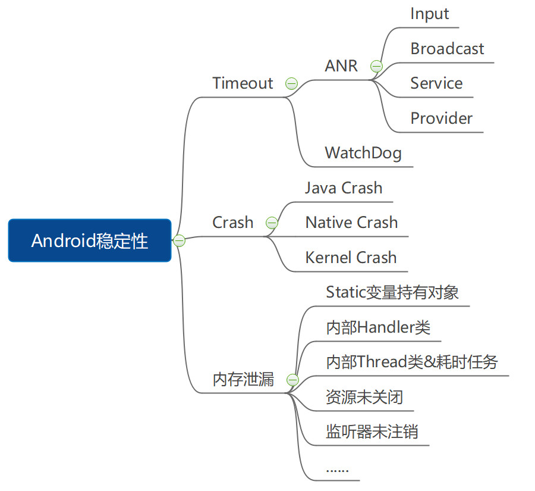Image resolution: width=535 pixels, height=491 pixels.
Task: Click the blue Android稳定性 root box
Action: pyautogui.click(x=90, y=240)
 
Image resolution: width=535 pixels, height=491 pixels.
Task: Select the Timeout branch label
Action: pyautogui.click(x=243, y=83)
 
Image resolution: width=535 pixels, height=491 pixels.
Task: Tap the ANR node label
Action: pyautogui.click(x=341, y=66)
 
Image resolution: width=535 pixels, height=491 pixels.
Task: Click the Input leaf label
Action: pyautogui.click(x=429, y=14)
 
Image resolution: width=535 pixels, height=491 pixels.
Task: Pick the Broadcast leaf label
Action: pyautogui.click(x=447, y=49)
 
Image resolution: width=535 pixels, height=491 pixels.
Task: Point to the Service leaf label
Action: pyautogui.click(x=436, y=83)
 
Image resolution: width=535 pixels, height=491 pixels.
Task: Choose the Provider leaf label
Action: pyautogui.click(x=441, y=118)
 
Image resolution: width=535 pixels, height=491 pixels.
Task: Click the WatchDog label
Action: pyautogui.click(x=363, y=153)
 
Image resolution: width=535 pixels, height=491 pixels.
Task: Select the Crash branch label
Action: pyautogui.click(x=232, y=223)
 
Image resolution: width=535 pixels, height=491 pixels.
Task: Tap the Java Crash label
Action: pyautogui.click(x=344, y=188)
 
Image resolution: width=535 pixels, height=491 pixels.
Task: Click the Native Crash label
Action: pyautogui.click(x=351, y=223)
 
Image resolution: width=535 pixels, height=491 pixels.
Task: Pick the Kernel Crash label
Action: pyautogui.click(x=351, y=258)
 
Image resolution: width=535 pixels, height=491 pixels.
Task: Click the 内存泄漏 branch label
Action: pyautogui.click(x=243, y=380)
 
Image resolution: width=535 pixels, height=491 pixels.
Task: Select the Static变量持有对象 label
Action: pyautogui.click(x=392, y=292)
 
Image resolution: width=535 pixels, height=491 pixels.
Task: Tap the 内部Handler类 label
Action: pyautogui.click(x=378, y=327)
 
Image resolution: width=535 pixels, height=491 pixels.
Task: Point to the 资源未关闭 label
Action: pyautogui.click(x=364, y=397)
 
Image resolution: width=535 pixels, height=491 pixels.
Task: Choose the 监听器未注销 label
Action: pyautogui.click(x=372, y=431)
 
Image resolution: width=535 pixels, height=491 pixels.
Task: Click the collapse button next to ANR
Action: pyautogui.click(x=376, y=66)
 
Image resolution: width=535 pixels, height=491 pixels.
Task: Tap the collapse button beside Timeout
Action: pyautogui.click(x=291, y=83)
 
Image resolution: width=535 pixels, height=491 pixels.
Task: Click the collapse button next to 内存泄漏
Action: pyautogui.click(x=292, y=380)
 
